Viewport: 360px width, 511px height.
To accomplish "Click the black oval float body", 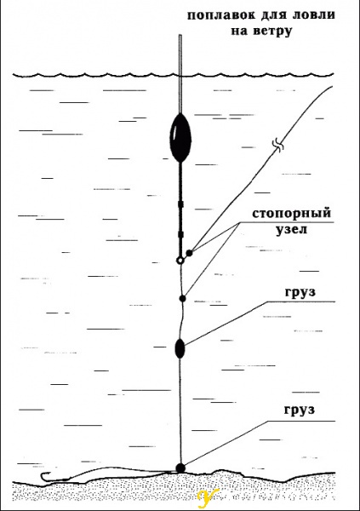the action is pyautogui.click(x=180, y=138).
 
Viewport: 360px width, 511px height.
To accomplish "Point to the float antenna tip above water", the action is pyautogui.click(x=180, y=35).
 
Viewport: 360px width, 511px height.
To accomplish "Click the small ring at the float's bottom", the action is pyautogui.click(x=180, y=261).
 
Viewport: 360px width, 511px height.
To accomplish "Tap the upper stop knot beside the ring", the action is pyautogui.click(x=189, y=253).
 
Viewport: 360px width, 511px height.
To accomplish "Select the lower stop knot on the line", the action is pyautogui.click(x=183, y=298).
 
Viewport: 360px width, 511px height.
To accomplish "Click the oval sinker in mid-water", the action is pyautogui.click(x=180, y=348).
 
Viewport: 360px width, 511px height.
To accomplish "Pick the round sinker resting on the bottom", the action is pyautogui.click(x=180, y=468).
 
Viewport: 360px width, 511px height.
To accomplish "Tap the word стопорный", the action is pyautogui.click(x=292, y=214).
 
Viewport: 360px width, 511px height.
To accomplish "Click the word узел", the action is pyautogui.click(x=292, y=229).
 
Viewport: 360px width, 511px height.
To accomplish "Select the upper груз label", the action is pyautogui.click(x=300, y=292).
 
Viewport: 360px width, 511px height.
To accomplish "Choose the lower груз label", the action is pyautogui.click(x=300, y=410).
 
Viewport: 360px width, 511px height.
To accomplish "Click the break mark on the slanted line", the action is pyautogui.click(x=279, y=145).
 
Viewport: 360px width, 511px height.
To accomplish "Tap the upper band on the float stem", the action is pyautogui.click(x=180, y=204).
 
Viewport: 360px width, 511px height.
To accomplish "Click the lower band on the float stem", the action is pyautogui.click(x=180, y=234).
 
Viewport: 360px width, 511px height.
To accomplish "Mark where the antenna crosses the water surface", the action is pyautogui.click(x=180, y=77).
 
